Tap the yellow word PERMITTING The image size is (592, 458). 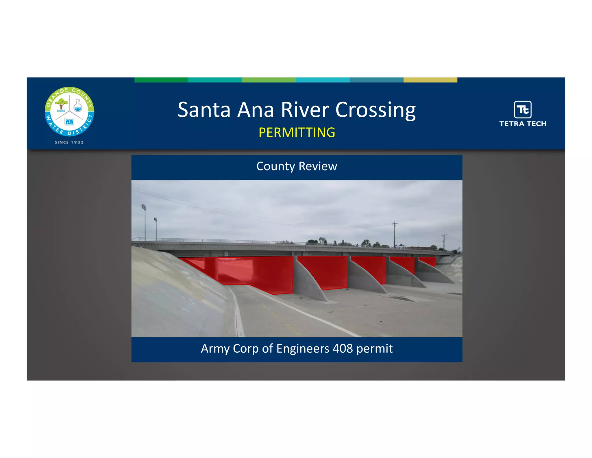297,133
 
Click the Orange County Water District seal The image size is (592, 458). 69,111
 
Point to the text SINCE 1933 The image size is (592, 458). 69,142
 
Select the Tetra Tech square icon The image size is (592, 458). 523,109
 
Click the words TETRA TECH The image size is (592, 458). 523,124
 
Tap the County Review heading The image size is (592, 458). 297,166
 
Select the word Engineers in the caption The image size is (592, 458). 302,349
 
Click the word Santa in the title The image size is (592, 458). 204,110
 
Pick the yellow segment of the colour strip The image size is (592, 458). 430,80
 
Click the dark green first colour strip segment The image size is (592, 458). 161,80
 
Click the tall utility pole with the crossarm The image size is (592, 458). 394,235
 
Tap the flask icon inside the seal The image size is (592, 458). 78,106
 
